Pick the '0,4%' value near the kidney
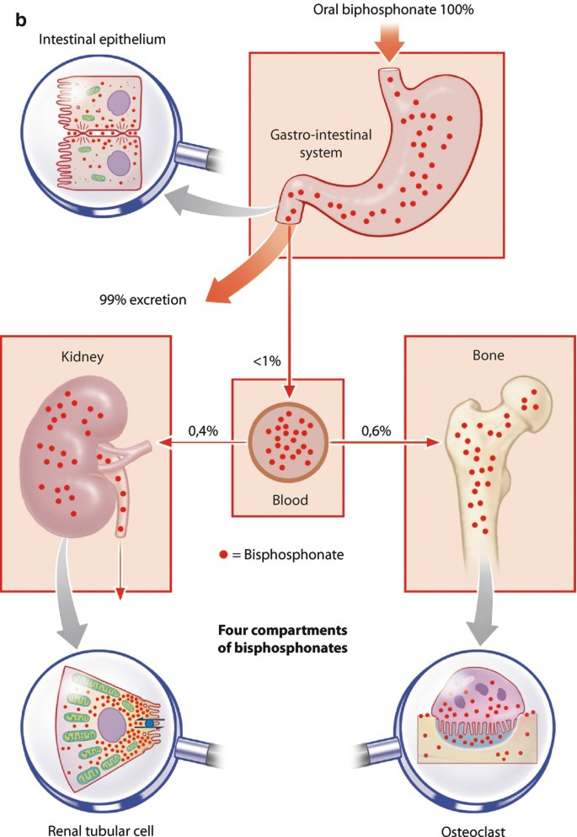tap(202, 430)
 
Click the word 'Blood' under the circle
tap(289, 499)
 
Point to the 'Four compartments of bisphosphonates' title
tap(289, 639)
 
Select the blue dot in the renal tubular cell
tap(150, 722)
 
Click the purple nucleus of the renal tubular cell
tap(113, 726)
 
